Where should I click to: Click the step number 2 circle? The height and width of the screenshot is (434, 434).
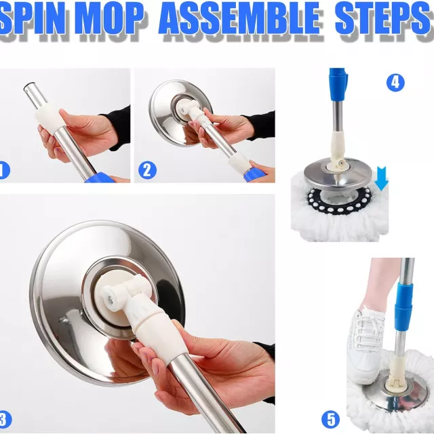click(147, 170)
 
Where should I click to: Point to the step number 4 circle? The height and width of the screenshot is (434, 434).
click(395, 82)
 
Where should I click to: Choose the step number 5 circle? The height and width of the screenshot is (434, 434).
click(330, 419)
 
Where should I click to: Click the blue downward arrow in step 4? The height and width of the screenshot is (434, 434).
click(381, 178)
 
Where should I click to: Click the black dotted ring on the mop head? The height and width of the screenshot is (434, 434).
click(339, 201)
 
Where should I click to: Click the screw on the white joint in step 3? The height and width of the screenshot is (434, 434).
click(110, 298)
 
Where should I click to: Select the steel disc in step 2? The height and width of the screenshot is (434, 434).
click(179, 113)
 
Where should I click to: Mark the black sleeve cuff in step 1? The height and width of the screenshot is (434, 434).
click(119, 128)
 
